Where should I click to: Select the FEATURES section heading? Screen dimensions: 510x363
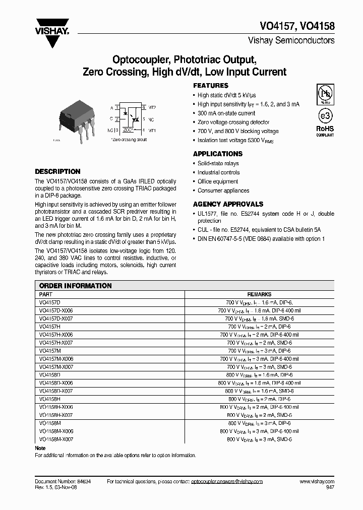coord(211,86)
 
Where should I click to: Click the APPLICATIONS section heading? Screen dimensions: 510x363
coord(218,154)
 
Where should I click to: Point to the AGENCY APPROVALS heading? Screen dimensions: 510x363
coord(228,204)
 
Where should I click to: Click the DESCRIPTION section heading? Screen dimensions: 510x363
coord(57,171)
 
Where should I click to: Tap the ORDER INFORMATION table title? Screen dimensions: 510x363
coord(75,286)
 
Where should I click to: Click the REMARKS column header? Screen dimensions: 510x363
coord(259,294)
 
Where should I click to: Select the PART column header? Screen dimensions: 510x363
coord(45,294)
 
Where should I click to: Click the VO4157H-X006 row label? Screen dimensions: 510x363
coord(56,335)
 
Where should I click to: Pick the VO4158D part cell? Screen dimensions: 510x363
coord(49,375)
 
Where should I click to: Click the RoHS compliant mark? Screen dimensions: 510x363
coord(325,131)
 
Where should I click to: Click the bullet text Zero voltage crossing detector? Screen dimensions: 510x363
coord(233,122)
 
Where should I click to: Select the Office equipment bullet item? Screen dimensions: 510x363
coord(218,181)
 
